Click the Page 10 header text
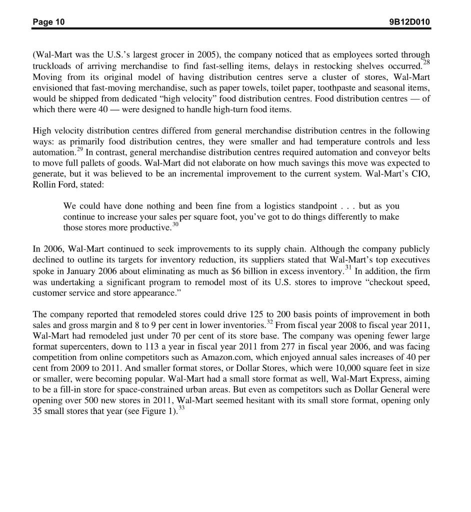point(48,22)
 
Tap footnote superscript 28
point(426,62)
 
